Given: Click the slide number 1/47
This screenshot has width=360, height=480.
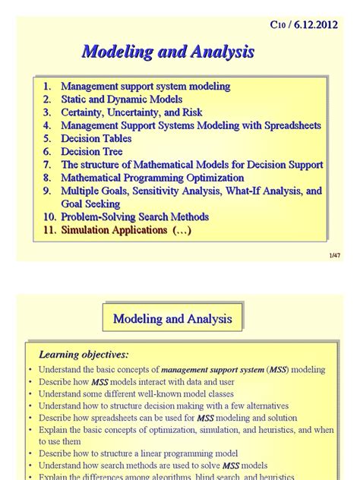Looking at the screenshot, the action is (335, 257).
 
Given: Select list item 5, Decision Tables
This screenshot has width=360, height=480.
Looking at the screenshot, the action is (96, 138).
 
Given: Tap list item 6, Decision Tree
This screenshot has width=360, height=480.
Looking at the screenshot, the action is (91, 151).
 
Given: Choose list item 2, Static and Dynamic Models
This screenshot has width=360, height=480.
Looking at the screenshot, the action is (122, 99).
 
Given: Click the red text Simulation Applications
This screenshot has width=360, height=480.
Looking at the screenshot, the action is (114, 230).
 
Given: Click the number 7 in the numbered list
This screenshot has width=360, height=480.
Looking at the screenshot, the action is (47, 165).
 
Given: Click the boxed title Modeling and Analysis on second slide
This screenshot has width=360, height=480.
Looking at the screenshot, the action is (172, 318).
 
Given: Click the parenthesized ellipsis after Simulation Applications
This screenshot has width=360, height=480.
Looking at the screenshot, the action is (182, 230).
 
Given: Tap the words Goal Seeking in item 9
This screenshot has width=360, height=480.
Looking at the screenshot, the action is (90, 204).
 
